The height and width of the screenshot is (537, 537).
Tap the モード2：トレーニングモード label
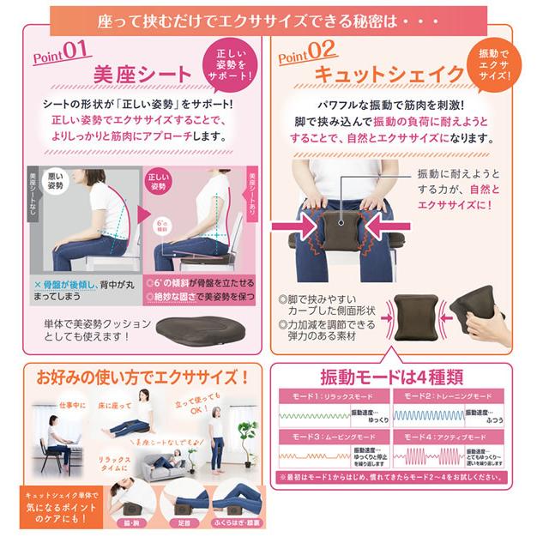[450, 397]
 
